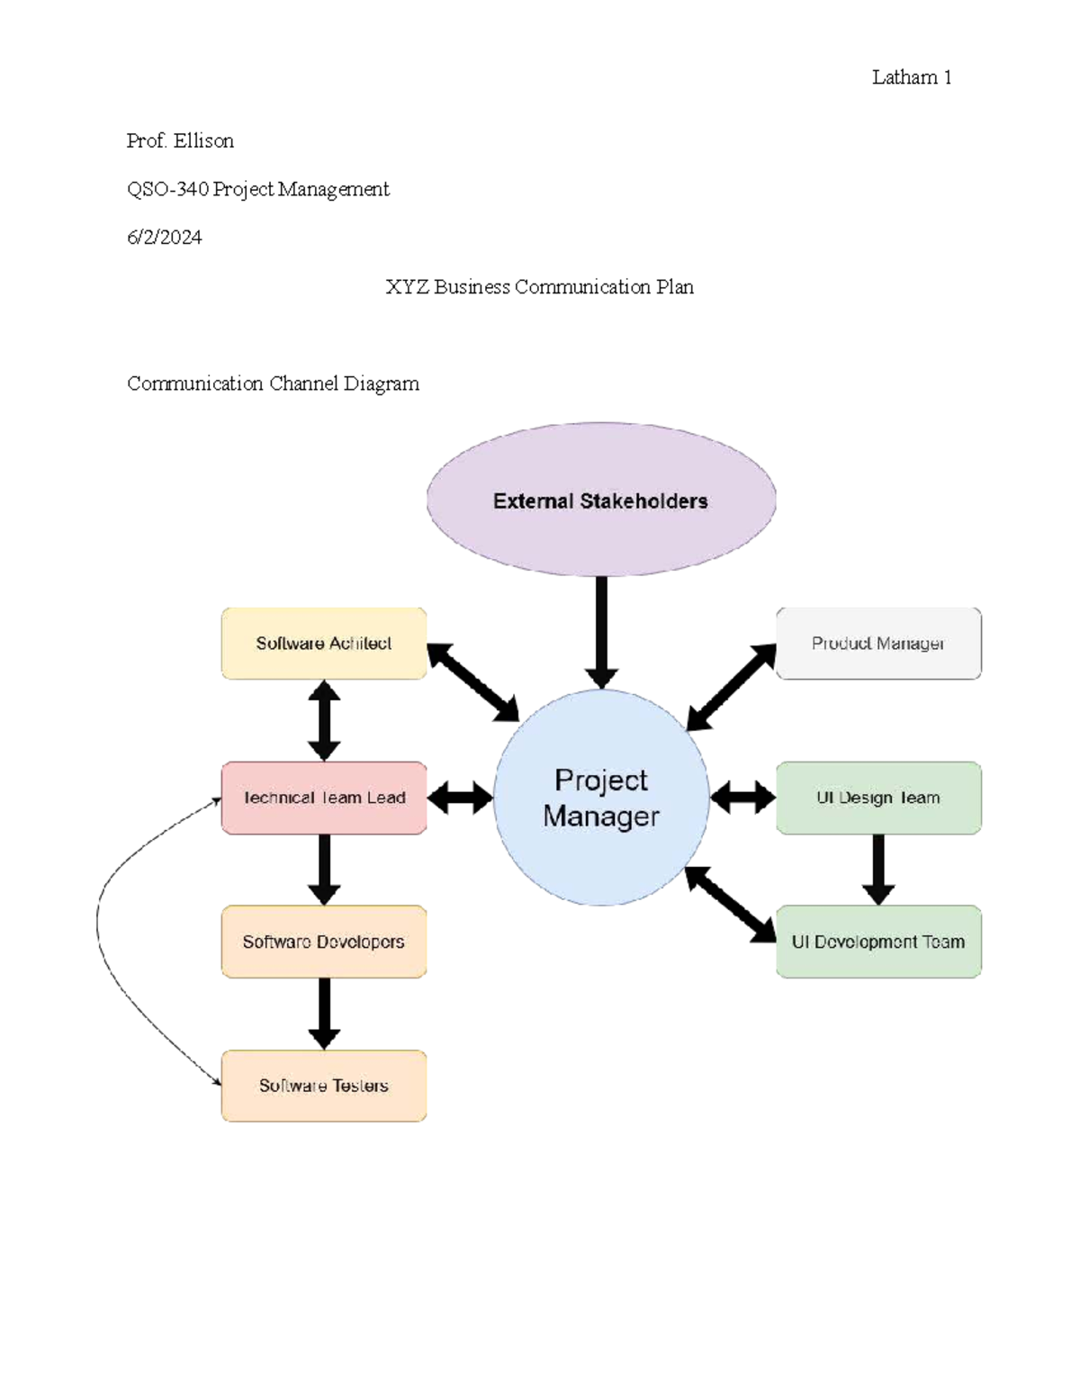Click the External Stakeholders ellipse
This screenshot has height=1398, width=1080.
point(601,500)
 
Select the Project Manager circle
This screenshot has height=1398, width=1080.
point(601,798)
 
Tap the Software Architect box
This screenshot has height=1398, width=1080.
point(323,644)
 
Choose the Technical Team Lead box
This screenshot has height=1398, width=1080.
point(323,798)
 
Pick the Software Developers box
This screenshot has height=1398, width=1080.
point(323,942)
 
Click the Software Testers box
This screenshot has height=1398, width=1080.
point(323,1086)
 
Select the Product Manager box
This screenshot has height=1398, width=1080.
point(878,644)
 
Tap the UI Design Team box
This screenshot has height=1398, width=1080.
point(878,798)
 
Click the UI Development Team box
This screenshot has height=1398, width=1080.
point(878,942)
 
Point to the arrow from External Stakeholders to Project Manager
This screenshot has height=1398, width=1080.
point(601,633)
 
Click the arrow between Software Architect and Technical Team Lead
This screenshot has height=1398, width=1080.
point(324,720)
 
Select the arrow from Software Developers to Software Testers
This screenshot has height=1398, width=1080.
point(324,1014)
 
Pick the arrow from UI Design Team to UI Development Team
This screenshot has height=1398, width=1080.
point(878,870)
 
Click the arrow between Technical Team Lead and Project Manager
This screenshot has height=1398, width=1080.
point(460,798)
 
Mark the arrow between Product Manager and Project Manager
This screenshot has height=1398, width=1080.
point(732,687)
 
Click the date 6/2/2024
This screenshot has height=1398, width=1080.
point(164,238)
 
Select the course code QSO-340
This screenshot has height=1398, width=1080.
point(168,189)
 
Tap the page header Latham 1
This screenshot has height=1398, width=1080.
point(912,77)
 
